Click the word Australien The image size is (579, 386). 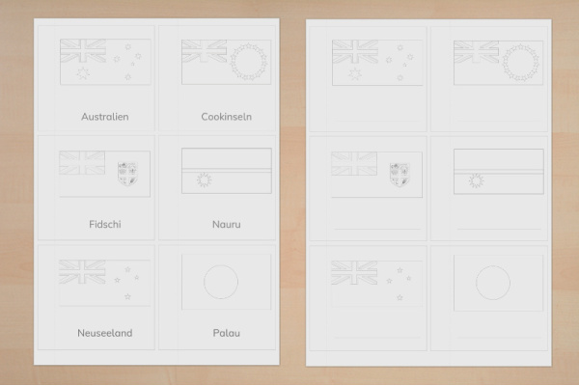[105, 117]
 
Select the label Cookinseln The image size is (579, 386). [227, 117]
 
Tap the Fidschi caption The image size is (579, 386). [105, 224]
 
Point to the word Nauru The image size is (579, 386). [227, 224]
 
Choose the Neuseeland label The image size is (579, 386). [105, 333]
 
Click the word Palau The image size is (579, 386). [227, 333]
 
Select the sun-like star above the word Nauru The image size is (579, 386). [205, 179]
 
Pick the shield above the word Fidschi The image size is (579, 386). [127, 174]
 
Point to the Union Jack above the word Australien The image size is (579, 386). [83, 50]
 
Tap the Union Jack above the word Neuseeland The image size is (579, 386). [82, 272]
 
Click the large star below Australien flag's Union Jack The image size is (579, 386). [83, 72]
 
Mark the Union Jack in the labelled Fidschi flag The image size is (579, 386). [82, 162]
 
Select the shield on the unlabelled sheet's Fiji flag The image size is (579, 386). [400, 175]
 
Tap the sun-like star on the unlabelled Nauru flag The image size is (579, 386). [477, 181]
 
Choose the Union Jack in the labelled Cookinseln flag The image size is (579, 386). [205, 51]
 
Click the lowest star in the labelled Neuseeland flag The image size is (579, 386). [127, 296]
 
